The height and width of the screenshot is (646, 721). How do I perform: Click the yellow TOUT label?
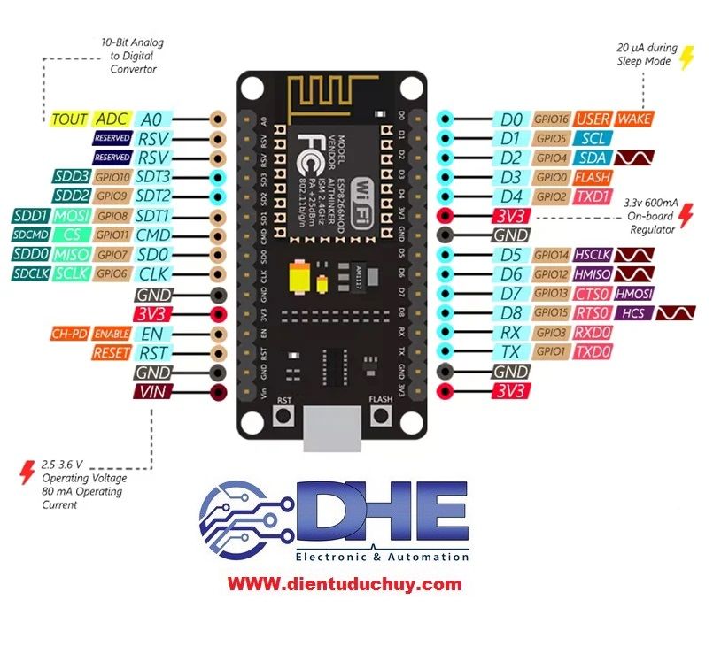69,119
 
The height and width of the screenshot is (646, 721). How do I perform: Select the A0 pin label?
151,119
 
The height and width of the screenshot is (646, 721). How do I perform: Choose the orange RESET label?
111,353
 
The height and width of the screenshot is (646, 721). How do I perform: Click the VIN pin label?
151,392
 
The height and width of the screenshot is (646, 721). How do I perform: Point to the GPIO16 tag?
550,119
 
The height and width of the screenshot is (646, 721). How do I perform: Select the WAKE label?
634,119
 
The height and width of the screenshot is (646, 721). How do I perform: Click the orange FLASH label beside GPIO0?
593,177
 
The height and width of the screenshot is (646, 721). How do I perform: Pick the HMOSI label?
634,294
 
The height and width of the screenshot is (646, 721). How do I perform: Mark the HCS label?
633,313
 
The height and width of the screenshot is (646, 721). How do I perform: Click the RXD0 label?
593,333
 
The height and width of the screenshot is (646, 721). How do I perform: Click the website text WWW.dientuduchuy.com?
345,584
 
